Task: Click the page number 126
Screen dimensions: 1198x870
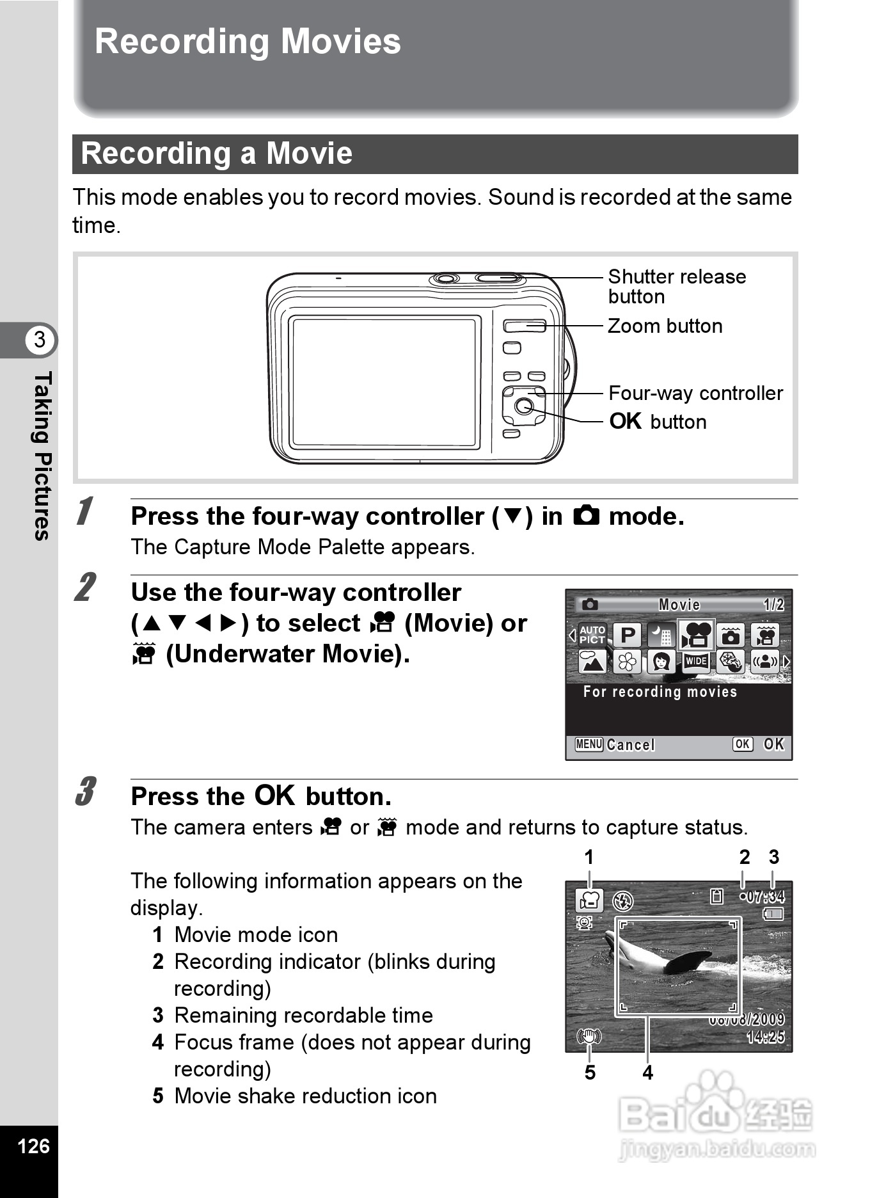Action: [33, 1146]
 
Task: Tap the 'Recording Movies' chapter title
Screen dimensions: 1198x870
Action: [248, 42]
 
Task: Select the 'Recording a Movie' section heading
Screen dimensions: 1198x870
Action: [217, 154]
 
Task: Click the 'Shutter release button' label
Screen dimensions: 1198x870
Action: [676, 286]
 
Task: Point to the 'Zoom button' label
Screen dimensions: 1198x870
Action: [665, 326]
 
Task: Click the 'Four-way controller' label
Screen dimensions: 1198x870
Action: [695, 393]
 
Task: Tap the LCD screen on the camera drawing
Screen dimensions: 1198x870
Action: [384, 382]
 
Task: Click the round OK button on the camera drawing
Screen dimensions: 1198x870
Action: [524, 406]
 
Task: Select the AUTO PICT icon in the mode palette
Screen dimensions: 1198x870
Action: [592, 635]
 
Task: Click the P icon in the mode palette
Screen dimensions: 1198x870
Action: [628, 635]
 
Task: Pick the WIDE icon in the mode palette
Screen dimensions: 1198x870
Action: [695, 661]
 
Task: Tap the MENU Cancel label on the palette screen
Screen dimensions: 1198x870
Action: [615, 744]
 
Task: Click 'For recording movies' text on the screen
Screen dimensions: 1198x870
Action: [660, 692]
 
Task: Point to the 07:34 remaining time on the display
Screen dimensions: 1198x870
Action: [765, 897]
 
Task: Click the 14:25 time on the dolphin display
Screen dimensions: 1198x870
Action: [765, 1036]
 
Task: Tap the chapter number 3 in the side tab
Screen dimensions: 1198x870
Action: [40, 339]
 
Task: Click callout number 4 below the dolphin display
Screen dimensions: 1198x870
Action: [647, 1073]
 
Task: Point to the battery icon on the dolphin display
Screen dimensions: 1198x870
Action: [773, 914]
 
